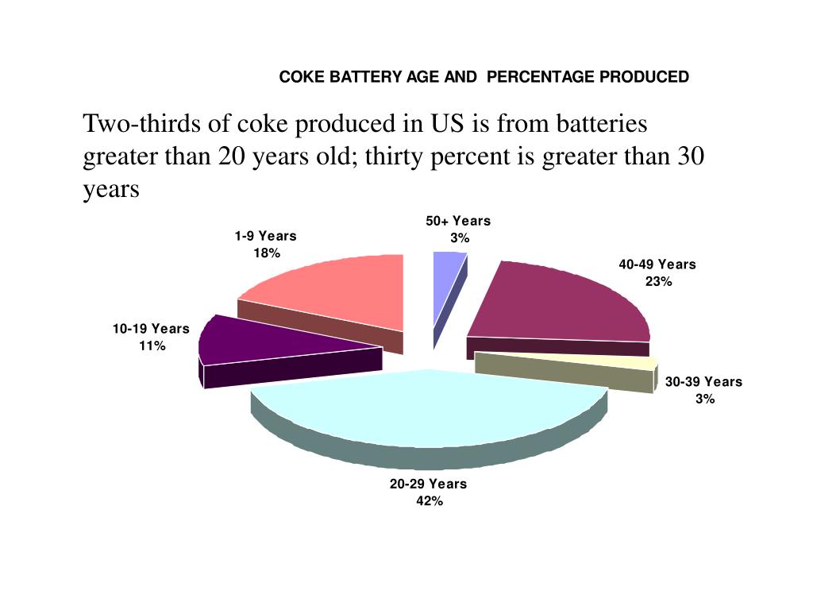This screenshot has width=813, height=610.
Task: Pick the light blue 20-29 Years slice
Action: [429, 409]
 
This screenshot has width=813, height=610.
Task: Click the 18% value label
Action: [267, 253]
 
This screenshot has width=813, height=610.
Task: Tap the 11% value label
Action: [152, 346]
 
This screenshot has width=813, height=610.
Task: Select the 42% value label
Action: [429, 500]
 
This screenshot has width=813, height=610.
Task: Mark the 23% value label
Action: [658, 281]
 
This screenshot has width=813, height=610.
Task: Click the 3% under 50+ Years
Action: [460, 238]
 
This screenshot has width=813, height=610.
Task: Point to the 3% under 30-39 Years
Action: [705, 399]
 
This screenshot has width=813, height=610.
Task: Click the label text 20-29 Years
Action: [428, 484]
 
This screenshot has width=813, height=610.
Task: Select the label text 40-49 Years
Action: [657, 264]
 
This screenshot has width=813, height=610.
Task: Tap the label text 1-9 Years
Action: [265, 236]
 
